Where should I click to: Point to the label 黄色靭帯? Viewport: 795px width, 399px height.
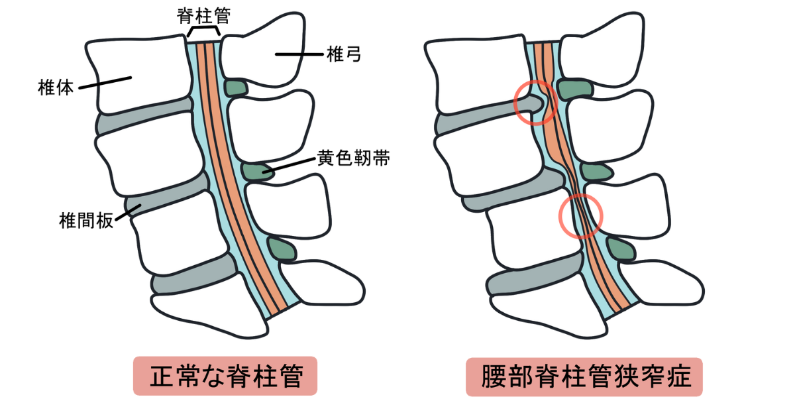pos(352,159)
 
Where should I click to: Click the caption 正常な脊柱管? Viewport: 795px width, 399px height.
pos(226,376)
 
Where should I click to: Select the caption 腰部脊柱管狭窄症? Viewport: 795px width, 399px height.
pos(584,376)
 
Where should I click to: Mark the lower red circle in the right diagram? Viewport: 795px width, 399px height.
pos(581,214)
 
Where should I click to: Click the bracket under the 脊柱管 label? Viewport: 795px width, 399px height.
pos(203,32)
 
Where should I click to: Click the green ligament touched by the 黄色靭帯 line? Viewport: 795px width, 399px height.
pos(256,172)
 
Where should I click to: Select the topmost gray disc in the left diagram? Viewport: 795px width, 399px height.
pos(142,121)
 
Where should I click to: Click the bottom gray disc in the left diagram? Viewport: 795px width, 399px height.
pos(192,279)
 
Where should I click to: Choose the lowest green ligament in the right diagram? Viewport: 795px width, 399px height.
pos(620,249)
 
